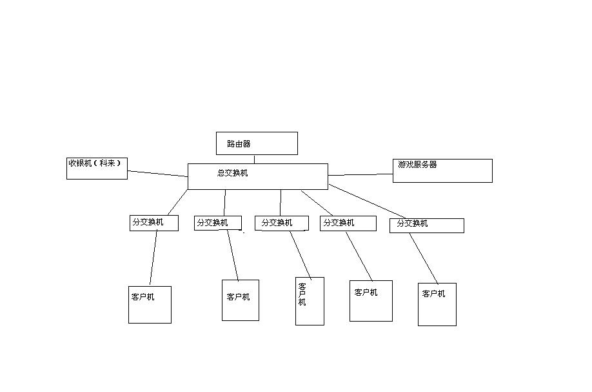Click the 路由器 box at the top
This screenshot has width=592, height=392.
coord(257,143)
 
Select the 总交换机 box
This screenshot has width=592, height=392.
coord(257,176)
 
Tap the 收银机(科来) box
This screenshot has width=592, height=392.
coord(97,168)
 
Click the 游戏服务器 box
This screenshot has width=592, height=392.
coord(442,170)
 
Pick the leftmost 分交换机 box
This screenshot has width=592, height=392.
coord(153,223)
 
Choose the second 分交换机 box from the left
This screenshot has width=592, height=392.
coord(218,223)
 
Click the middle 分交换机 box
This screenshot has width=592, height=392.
coord(281,223)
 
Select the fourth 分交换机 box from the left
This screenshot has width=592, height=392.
coord(348,223)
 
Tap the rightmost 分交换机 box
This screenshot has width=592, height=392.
coord(426,225)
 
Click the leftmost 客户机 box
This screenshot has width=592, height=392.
coord(150,304)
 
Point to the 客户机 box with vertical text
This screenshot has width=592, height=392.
coord(310,301)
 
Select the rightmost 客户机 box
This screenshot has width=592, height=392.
coord(437,304)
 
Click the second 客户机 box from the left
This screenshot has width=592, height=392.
coord(240,300)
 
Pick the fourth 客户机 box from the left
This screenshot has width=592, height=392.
coord(371,300)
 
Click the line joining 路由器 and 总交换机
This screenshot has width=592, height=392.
coord(254,159)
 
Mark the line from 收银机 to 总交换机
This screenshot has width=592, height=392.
coord(157,173)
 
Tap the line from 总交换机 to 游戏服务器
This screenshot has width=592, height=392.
coord(360,174)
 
